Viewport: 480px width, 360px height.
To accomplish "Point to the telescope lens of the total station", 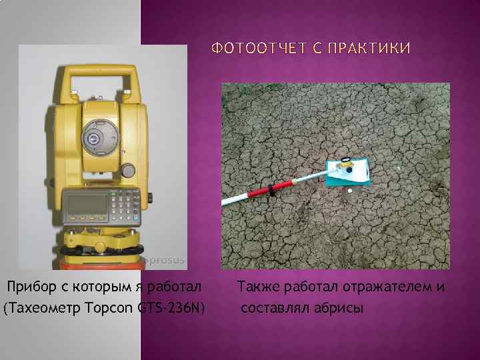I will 92,138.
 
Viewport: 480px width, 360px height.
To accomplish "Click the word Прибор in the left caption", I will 28,287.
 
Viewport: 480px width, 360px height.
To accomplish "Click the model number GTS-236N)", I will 172,307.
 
